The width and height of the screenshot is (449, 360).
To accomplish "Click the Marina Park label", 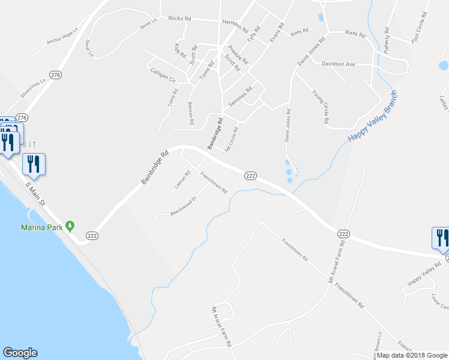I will point(42,227).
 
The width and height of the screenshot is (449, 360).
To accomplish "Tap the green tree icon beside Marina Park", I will point(70,226).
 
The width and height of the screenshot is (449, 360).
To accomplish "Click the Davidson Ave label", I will point(339,64).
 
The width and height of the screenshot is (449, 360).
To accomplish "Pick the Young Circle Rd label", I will point(320,107).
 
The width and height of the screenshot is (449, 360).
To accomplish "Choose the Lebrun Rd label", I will point(182,181).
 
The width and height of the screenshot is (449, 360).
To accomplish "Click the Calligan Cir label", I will point(163,75).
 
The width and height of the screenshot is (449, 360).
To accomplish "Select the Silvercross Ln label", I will point(33,88).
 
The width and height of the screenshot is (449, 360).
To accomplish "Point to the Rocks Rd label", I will point(179,19).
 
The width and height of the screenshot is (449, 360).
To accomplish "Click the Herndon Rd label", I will point(235,25).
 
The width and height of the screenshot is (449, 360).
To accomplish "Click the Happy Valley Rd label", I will point(420,276).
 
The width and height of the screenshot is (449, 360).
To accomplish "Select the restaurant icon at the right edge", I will point(440,237).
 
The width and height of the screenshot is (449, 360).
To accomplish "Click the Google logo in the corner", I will point(20,353).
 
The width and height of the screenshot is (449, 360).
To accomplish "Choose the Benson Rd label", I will point(191,113).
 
